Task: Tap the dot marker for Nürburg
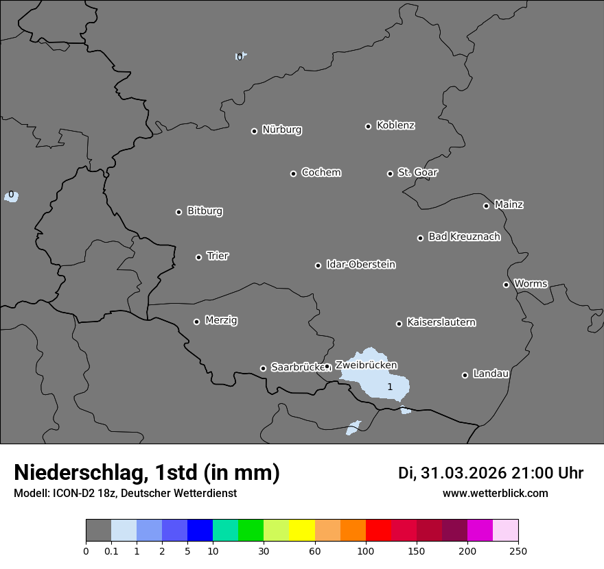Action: pos(254,131)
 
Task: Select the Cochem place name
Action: pos(321,172)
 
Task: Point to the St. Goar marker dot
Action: pos(390,173)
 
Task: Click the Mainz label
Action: pos(509,204)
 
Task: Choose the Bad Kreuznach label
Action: pos(464,237)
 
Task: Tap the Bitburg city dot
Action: pos(178,212)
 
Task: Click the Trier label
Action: pos(218,256)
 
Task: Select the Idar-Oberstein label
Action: pos(360,264)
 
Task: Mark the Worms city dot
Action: pos(506,284)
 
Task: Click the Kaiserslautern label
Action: pos(441,322)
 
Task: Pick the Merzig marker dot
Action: pos(196,322)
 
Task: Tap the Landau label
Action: pos(491,374)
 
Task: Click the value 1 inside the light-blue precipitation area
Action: pos(390,387)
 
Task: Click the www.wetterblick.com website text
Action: pos(495,493)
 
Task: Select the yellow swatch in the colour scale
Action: pos(302,531)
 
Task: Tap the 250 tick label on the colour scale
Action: pos(518,550)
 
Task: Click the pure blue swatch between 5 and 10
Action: pos(200,531)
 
